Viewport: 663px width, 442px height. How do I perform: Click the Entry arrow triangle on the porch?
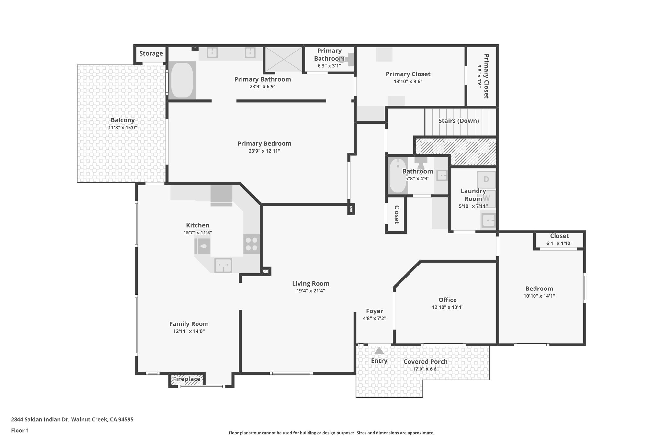(x=379, y=351)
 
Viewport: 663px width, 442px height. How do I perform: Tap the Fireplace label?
(x=186, y=379)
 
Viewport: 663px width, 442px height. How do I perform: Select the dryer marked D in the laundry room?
(x=486, y=179)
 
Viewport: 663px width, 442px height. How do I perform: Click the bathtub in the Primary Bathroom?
(x=182, y=80)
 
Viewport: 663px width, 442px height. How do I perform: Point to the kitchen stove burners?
(x=252, y=244)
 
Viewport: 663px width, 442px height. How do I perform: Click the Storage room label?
(x=151, y=53)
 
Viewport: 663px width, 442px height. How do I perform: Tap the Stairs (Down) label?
(x=458, y=121)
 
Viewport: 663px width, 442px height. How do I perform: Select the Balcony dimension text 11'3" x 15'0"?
(x=123, y=128)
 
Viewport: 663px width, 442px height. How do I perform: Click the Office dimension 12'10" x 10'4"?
(x=447, y=307)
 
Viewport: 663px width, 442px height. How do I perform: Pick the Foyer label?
(x=374, y=311)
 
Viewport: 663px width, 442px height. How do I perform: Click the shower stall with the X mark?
(x=284, y=59)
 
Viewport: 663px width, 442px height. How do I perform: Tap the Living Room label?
(x=310, y=284)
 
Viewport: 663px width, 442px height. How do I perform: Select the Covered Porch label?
(x=425, y=362)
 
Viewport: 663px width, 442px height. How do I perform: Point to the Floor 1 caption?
(x=20, y=430)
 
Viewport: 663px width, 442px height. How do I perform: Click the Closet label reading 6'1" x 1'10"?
(x=559, y=243)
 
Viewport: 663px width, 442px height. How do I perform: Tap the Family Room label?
(x=189, y=324)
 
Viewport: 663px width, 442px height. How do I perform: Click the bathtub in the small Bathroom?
(x=397, y=176)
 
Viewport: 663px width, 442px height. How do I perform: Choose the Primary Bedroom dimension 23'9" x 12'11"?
(x=264, y=151)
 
